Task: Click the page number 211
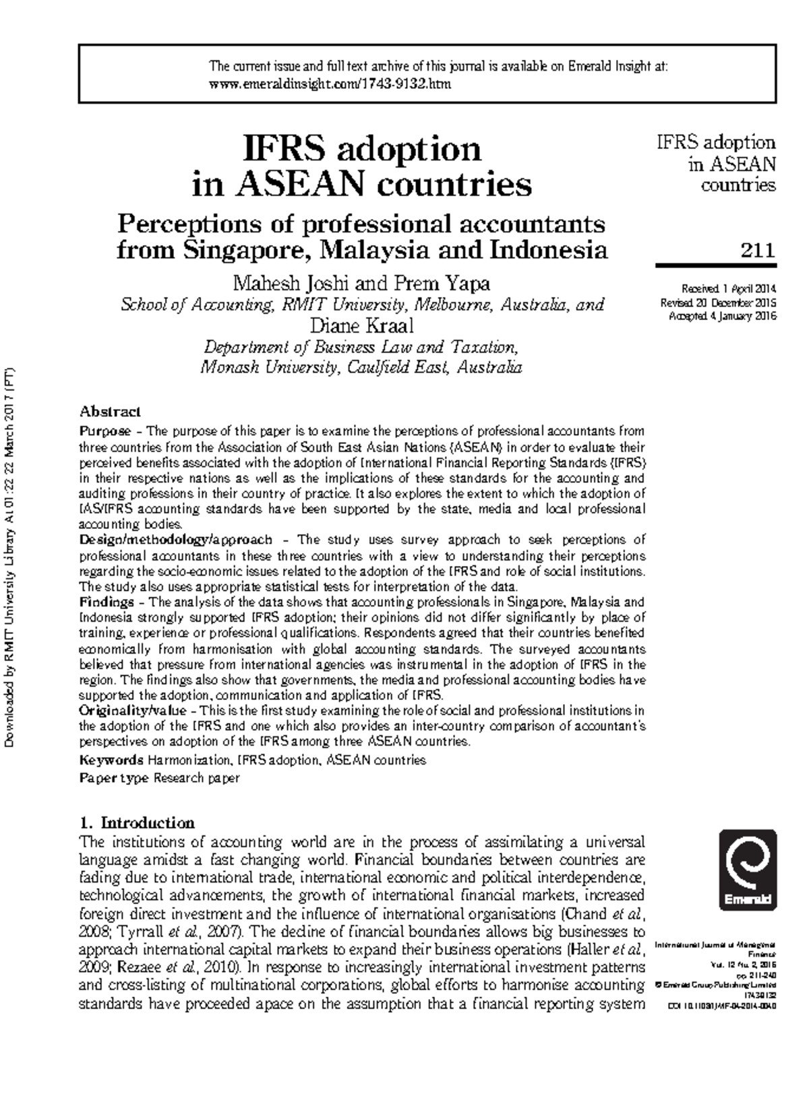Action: click(x=758, y=251)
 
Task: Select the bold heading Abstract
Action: click(x=110, y=411)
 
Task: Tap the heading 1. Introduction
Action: click(x=137, y=823)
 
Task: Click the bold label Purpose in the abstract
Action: click(x=105, y=431)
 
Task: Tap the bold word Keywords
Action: click(x=111, y=760)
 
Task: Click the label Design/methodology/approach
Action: click(x=176, y=540)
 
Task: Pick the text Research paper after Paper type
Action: click(x=196, y=778)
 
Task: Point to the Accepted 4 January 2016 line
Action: click(x=722, y=316)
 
